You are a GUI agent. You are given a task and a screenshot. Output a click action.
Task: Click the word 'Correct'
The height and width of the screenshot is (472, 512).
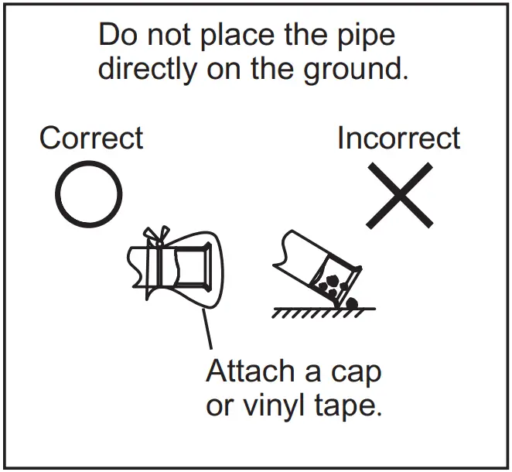click(x=91, y=139)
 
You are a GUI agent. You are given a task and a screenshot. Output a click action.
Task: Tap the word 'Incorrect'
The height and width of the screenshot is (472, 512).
click(x=398, y=139)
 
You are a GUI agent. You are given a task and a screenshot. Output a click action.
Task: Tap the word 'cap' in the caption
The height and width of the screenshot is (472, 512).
click(x=355, y=374)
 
